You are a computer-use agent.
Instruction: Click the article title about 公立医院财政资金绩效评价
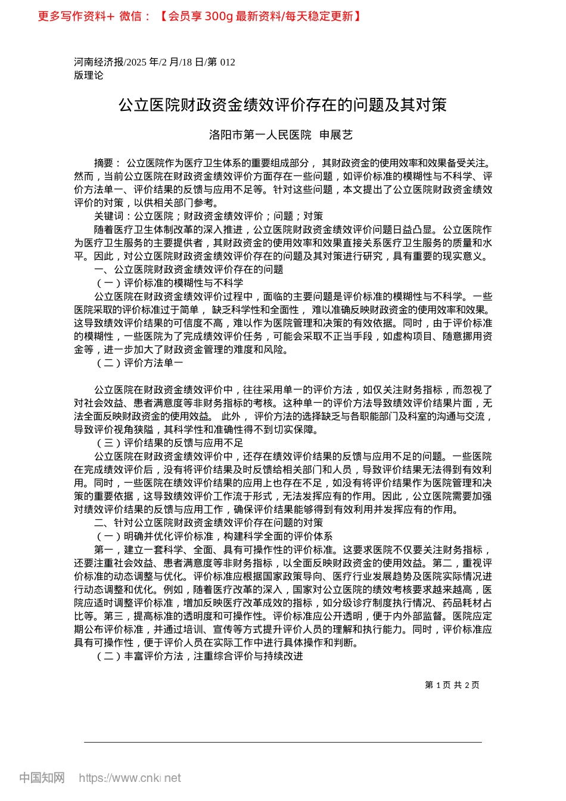pos(282,105)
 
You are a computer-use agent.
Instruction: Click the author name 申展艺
pos(336,135)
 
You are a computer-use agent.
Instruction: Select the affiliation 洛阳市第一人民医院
pos(260,135)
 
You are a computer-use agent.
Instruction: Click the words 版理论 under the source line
pos(88,75)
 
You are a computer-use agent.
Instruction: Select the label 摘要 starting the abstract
pos(105,163)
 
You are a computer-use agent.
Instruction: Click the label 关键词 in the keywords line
pos(108,216)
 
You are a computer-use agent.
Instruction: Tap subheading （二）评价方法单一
pos(139,363)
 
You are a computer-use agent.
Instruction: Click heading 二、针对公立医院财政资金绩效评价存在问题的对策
pos(209,523)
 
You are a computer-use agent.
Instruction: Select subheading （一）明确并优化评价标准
pos(214,536)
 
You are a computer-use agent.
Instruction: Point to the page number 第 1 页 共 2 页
pos(452,685)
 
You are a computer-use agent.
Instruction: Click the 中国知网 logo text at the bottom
pos(42,778)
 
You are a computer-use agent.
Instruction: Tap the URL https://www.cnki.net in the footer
pos(129,778)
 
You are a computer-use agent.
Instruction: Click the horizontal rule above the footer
pos(282,742)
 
